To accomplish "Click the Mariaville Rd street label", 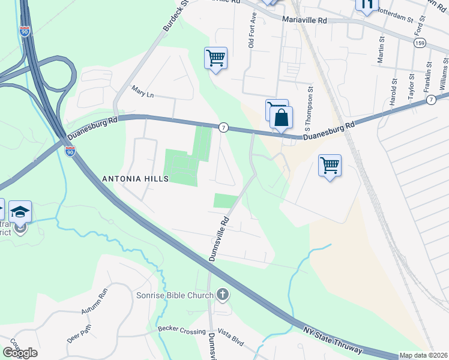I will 306,20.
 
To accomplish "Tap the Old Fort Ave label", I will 252,31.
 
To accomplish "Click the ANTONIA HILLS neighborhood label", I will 135,179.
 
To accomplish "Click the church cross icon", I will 222,294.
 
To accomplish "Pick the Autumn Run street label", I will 94,302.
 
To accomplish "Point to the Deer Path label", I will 79,334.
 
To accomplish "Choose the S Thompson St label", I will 310,109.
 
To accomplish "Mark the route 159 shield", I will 420,44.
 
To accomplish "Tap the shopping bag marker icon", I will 281,117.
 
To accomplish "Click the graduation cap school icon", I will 20,211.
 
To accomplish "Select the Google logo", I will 20,353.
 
